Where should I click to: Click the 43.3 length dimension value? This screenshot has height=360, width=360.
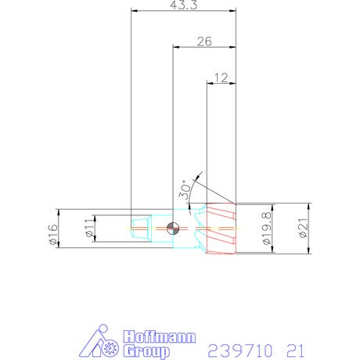[184, 5]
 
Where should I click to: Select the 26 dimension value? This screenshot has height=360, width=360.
[204, 41]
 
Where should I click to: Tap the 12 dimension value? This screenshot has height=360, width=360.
[221, 77]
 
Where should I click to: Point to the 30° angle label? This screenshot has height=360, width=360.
[185, 190]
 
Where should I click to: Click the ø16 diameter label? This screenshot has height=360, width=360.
[53, 234]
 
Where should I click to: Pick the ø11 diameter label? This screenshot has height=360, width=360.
[89, 228]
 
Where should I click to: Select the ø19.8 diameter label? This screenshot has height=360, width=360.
[267, 229]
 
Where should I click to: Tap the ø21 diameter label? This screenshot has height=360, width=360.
[304, 229]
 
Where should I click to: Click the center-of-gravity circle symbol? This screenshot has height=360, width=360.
[173, 229]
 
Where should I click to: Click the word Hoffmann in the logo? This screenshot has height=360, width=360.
[160, 337]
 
